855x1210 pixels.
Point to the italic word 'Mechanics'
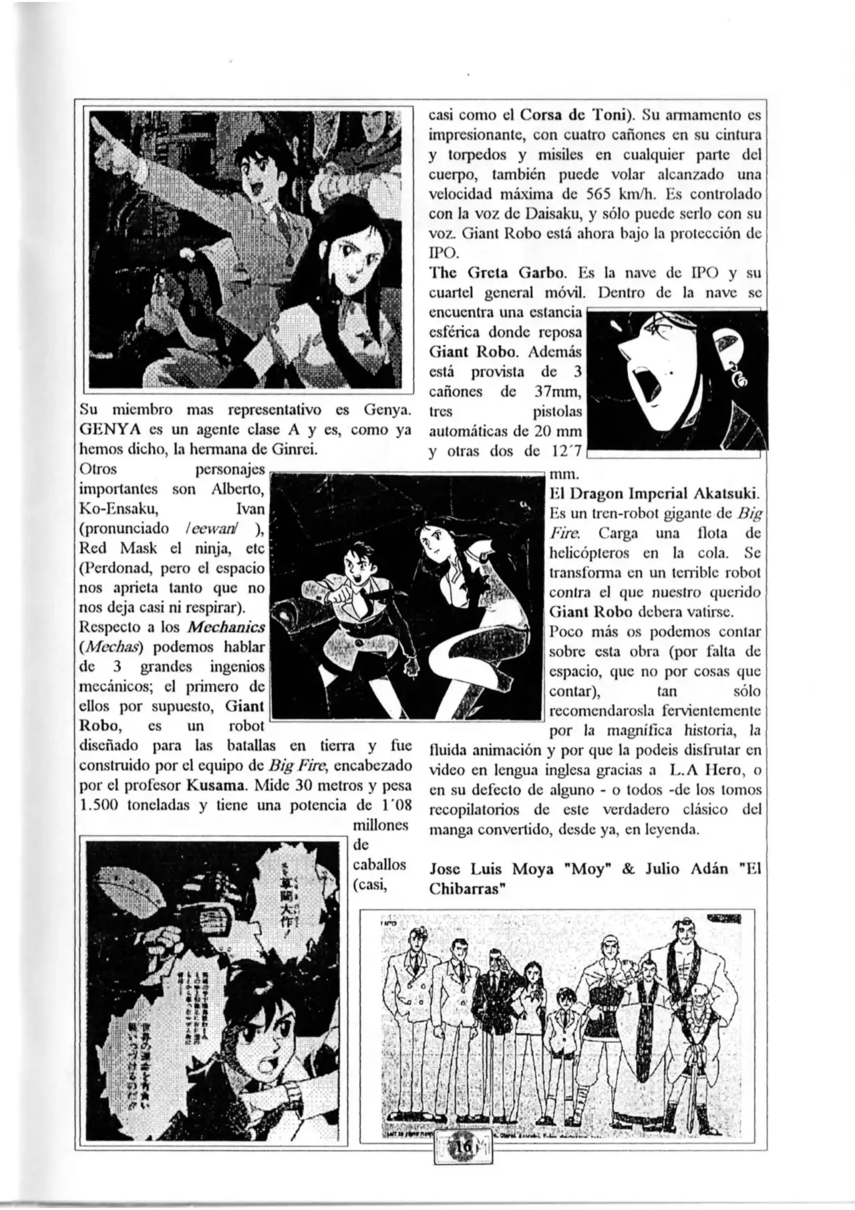(x=226, y=627)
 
